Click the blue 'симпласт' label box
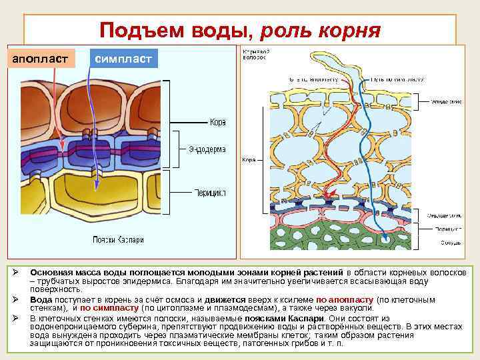tap(123, 59)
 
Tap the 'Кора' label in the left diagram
tap(218, 123)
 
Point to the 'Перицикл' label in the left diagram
tap(210, 193)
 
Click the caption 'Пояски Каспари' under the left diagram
tap(117, 239)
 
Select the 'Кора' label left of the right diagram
tap(248, 160)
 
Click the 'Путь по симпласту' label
tap(398, 78)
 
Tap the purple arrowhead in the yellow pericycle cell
tap(95, 189)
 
